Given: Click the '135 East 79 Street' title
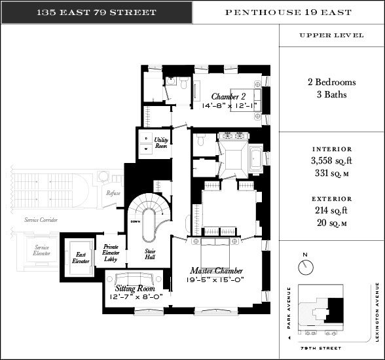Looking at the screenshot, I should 96,12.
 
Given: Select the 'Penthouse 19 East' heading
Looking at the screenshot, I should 288,12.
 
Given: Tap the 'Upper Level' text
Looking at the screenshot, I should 331,35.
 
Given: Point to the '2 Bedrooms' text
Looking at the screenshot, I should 331,83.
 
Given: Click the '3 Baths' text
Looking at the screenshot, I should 331,95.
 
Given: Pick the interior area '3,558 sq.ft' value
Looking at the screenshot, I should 331,161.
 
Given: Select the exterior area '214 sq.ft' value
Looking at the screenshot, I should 331,210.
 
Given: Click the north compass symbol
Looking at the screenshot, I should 304,266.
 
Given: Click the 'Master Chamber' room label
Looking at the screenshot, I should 217,270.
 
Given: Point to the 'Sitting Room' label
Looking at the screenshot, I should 134,288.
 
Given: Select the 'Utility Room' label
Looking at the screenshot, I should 161,143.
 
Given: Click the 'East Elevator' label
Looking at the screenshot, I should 81,257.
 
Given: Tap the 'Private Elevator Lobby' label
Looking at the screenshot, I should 110,253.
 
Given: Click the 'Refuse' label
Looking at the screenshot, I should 113,193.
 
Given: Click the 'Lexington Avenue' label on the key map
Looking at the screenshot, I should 378,312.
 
